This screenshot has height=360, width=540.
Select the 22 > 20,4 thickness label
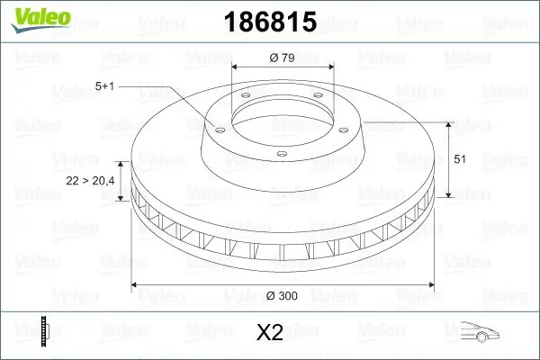click(x=91, y=181)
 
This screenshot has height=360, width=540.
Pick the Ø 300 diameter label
click(x=283, y=294)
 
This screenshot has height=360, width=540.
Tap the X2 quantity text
click(x=270, y=334)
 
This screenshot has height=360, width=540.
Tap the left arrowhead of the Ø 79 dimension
click(x=237, y=67)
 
